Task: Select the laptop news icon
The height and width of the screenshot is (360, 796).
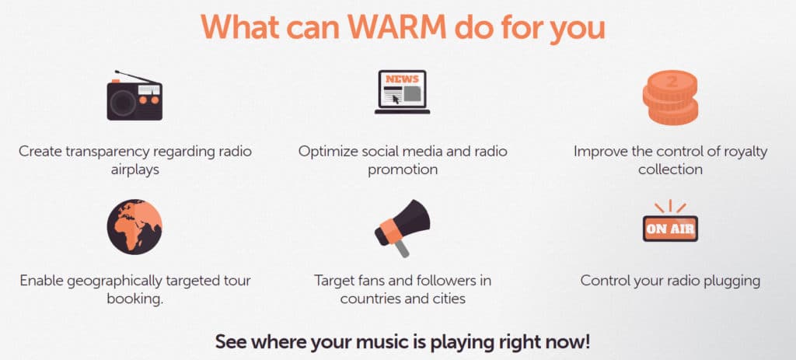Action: coord(402,92)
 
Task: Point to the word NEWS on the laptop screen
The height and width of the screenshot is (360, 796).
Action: coord(402,79)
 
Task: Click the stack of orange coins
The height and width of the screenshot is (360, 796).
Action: coord(670,98)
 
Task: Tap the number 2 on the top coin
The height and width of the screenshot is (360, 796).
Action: coord(671,81)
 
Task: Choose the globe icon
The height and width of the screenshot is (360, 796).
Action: coord(134,226)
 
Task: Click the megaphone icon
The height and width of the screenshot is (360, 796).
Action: coord(402,228)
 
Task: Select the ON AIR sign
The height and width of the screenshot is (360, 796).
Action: coord(670,229)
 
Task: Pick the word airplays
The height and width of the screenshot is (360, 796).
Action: coord(135,170)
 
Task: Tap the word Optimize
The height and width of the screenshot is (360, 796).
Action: coord(324,152)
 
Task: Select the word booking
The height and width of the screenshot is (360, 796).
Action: coord(135,299)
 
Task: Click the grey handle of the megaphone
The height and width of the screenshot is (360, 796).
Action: coord(402,248)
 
